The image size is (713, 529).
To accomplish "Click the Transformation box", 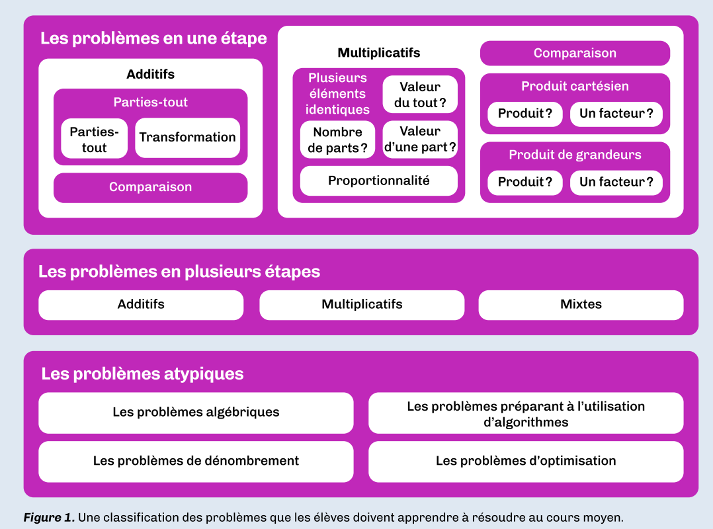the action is click(x=187, y=138).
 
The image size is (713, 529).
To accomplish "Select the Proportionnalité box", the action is click(x=379, y=181).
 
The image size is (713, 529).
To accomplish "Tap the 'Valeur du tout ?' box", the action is click(x=420, y=95).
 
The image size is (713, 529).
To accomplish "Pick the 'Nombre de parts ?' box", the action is click(x=337, y=140).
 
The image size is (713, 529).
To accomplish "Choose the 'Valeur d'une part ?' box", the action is click(x=420, y=140).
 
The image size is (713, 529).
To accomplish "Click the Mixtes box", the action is click(x=581, y=305).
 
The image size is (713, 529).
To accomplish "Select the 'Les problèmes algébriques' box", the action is click(x=196, y=413).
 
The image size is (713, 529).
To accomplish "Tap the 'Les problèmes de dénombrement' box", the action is click(x=196, y=462).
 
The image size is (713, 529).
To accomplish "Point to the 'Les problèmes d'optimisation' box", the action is click(x=526, y=462).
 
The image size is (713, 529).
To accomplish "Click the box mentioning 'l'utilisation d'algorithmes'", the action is click(x=526, y=413).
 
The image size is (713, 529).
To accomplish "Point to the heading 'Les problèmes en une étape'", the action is click(x=153, y=38).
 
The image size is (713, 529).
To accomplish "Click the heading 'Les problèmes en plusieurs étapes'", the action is click(x=179, y=272).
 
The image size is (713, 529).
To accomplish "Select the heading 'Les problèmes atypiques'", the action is click(x=142, y=374).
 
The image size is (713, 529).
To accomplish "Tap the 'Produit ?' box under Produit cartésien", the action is click(x=524, y=114).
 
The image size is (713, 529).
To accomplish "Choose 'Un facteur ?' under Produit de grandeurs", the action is click(x=616, y=183).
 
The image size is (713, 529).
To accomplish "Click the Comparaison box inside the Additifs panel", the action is click(x=151, y=187).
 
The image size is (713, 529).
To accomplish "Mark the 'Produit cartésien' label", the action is click(x=575, y=87).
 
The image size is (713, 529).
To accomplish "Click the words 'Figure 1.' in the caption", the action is click(x=49, y=518).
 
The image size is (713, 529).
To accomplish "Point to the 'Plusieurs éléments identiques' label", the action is click(x=337, y=94).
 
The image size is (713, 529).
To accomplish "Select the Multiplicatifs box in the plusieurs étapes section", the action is click(x=362, y=305).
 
